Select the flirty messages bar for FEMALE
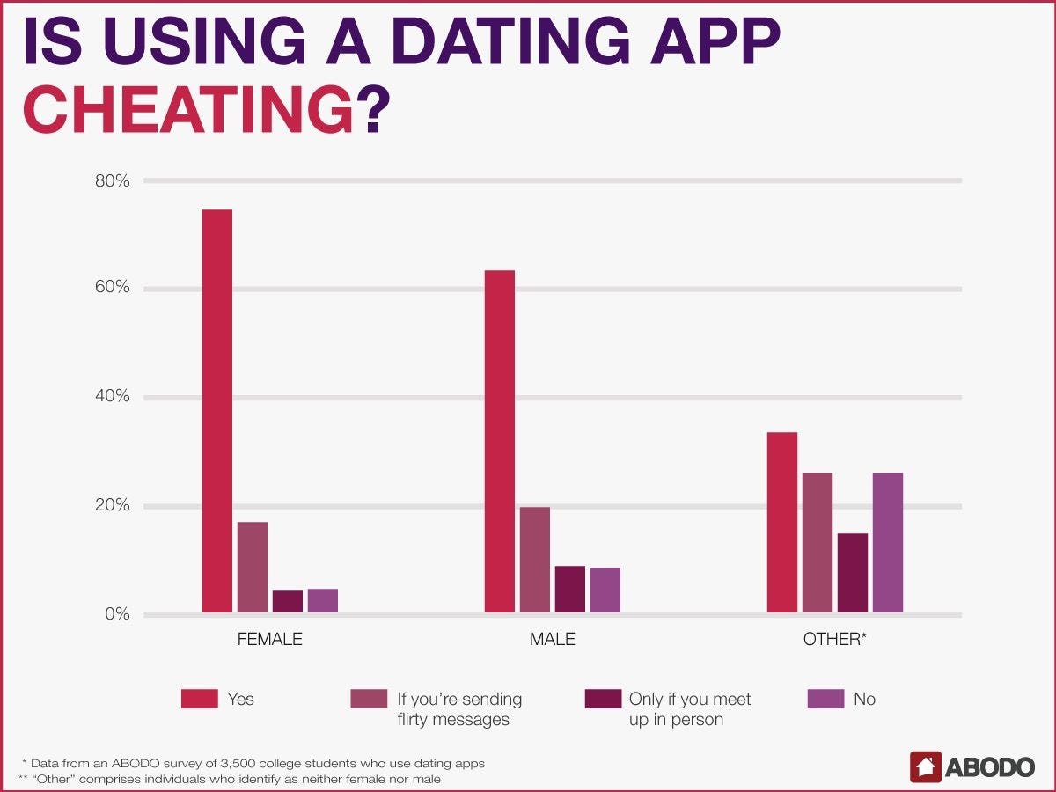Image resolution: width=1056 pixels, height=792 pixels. (x=253, y=568)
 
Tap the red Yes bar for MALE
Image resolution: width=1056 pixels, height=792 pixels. (x=500, y=441)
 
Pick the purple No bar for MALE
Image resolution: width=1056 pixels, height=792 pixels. (x=605, y=590)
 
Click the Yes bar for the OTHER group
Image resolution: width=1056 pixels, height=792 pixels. (x=782, y=523)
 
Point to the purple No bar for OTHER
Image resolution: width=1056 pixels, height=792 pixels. (x=888, y=543)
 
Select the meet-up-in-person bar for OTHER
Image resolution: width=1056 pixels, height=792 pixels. (x=853, y=573)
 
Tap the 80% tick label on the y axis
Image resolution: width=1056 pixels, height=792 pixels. (x=112, y=181)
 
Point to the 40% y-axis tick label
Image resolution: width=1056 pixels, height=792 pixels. (x=112, y=397)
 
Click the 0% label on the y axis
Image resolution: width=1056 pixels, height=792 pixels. (x=116, y=614)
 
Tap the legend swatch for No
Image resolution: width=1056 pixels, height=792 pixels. (x=825, y=699)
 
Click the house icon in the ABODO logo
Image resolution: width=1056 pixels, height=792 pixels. (x=926, y=766)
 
